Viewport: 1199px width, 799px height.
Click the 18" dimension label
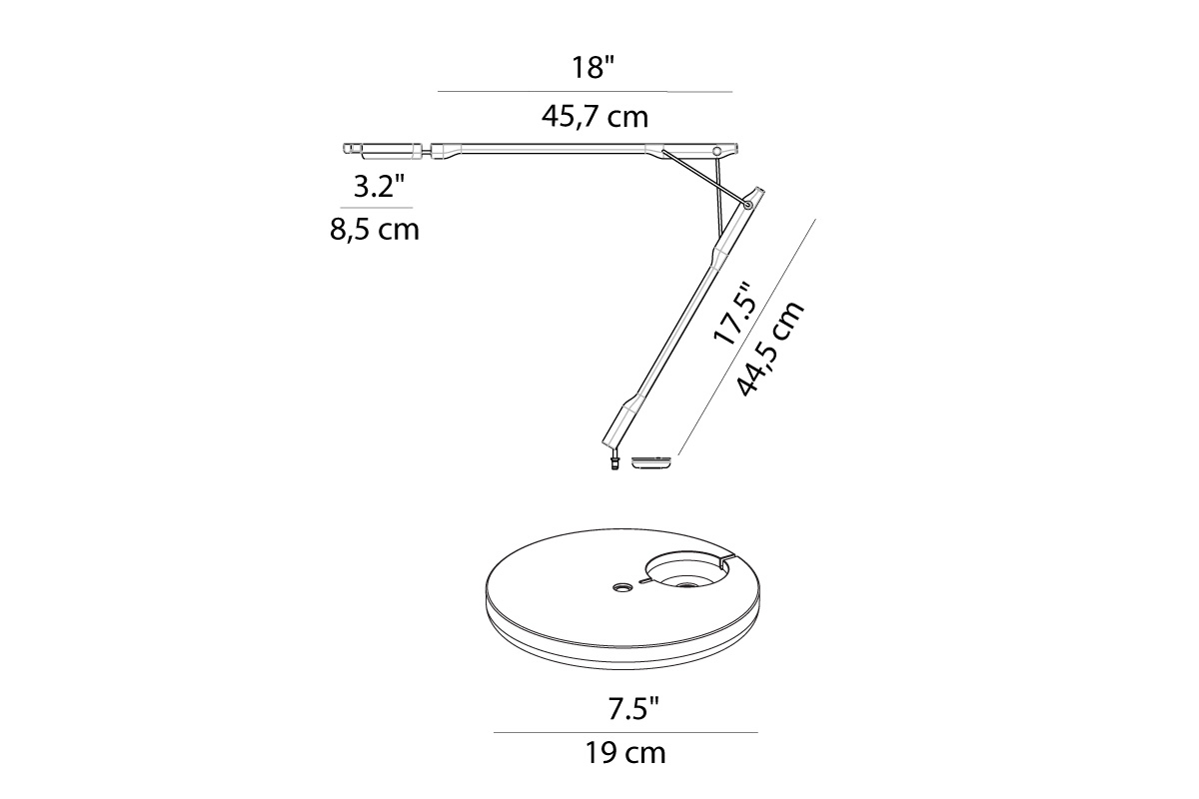(x=594, y=68)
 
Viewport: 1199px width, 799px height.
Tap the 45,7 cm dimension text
(x=595, y=117)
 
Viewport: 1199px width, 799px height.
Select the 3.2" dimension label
(x=379, y=186)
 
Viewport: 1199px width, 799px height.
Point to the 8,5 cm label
(x=374, y=230)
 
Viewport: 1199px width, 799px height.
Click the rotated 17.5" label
(x=735, y=315)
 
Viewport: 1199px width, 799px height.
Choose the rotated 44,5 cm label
(x=770, y=349)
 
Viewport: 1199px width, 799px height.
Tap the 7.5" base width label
(x=632, y=710)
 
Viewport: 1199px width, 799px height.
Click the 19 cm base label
(x=625, y=753)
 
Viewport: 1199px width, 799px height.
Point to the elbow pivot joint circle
(x=748, y=205)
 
